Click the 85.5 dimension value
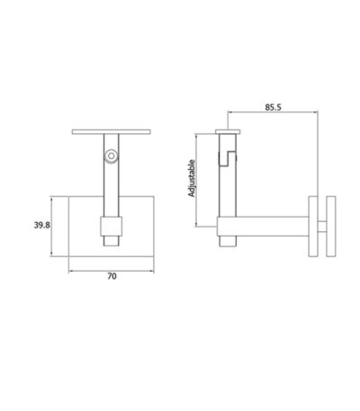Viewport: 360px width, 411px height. [x=273, y=107]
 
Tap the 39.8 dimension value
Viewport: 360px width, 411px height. [x=42, y=225]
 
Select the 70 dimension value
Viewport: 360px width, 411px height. [x=112, y=276]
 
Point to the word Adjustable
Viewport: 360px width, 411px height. [x=192, y=178]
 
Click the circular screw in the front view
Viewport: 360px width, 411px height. [x=112, y=156]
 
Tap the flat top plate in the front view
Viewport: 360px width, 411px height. [x=112, y=132]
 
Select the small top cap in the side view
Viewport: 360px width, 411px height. [x=228, y=131]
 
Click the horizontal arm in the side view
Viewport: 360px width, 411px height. [x=263, y=227]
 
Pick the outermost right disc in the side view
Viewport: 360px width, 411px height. [x=331, y=227]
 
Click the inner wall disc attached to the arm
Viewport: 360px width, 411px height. [x=313, y=227]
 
